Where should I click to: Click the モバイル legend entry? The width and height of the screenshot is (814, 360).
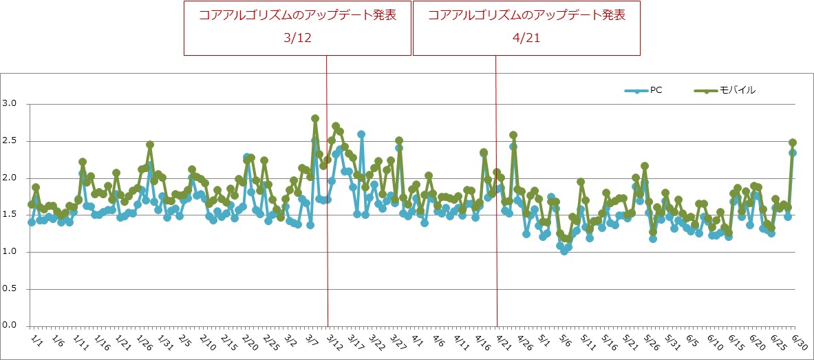(737, 90)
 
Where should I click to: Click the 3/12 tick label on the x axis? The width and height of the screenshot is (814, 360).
(335, 341)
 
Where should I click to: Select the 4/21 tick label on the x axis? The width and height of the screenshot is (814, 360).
(503, 341)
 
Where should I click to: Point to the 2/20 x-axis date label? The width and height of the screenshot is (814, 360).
(250, 341)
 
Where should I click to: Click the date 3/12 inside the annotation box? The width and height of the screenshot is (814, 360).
(297, 39)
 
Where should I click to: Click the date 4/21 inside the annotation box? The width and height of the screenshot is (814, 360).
(526, 39)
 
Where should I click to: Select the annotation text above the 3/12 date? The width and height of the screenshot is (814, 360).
(297, 16)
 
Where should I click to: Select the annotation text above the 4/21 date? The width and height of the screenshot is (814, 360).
(526, 16)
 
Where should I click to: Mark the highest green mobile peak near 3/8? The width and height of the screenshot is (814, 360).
(315, 118)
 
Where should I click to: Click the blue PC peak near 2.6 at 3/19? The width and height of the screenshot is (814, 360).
(361, 134)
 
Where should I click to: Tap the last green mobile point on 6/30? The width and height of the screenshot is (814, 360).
(793, 142)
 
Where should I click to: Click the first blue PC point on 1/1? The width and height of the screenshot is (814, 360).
(32, 222)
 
